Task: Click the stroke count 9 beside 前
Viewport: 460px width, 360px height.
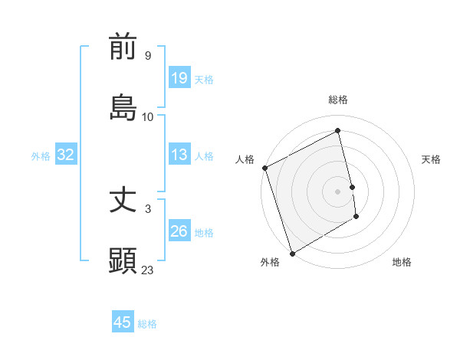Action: (x=148, y=56)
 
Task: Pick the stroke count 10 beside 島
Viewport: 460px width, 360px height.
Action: (x=148, y=117)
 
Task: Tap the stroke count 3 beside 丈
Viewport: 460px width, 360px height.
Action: (x=148, y=208)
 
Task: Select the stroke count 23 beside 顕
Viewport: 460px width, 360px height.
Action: (x=148, y=270)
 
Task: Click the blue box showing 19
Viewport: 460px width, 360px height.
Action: (x=179, y=77)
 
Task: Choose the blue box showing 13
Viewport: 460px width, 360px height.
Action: (x=179, y=155)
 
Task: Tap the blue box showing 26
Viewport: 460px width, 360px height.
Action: (x=179, y=231)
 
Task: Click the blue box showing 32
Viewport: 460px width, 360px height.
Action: (x=66, y=155)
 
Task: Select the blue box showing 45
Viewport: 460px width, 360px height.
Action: (x=123, y=322)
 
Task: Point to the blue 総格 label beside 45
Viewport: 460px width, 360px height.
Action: (x=147, y=324)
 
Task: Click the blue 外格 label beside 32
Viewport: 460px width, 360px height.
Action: (x=41, y=156)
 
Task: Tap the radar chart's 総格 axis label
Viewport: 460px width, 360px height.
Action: (x=338, y=100)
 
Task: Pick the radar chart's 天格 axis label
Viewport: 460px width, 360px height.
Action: (x=432, y=159)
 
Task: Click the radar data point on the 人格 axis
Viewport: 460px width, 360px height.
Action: (x=265, y=168)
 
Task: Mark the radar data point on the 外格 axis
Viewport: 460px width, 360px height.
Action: (x=291, y=252)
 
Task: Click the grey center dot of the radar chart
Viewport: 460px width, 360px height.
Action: (x=338, y=191)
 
